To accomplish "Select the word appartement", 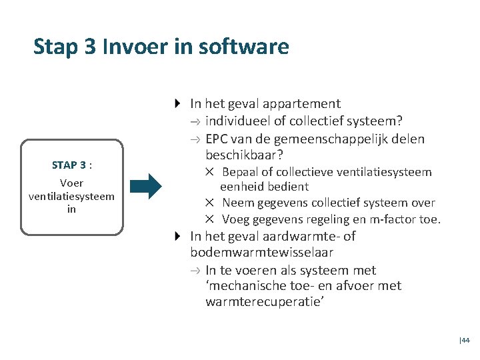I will point(301,103).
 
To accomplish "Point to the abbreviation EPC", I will point(218,139).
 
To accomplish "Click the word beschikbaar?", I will point(245,155).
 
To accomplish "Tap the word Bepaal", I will point(239,172).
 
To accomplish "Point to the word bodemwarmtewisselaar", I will point(261,253).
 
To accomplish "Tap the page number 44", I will point(465,340).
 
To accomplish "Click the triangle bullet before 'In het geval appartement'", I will point(177,103).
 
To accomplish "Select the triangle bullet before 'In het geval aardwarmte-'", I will point(177,236).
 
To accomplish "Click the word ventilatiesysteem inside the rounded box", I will point(71,196).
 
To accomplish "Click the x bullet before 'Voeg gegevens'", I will point(209,219).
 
